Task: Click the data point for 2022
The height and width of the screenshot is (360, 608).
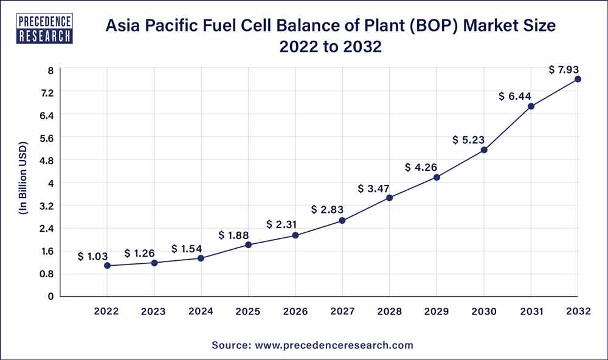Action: pyautogui.click(x=107, y=266)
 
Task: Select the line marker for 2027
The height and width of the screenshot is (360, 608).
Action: pyautogui.click(x=342, y=221)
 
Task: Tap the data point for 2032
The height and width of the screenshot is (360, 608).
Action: pyautogui.click(x=578, y=79)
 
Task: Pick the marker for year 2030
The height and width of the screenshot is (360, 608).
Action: pyautogui.click(x=484, y=150)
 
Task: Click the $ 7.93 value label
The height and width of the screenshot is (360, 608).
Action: pyautogui.click(x=564, y=69)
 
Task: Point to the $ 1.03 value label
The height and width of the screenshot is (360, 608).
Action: pyautogui.click(x=93, y=257)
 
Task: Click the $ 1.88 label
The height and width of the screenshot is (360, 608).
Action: pyautogui.click(x=233, y=235)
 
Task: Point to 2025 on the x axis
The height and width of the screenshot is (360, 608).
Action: pyautogui.click(x=248, y=311)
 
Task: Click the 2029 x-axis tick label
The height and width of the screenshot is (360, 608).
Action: pyautogui.click(x=437, y=311)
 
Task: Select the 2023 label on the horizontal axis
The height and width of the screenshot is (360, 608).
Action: pyautogui.click(x=154, y=311)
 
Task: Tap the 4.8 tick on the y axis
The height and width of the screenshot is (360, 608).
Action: pyautogui.click(x=46, y=161)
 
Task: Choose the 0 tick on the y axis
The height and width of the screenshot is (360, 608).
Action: pyautogui.click(x=51, y=296)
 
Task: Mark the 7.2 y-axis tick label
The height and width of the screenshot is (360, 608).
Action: pyautogui.click(x=46, y=92)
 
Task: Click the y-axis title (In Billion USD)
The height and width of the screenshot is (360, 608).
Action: pyautogui.click(x=23, y=183)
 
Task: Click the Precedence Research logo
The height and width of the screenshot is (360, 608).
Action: pyautogui.click(x=46, y=29)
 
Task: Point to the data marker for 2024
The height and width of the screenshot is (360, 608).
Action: pyautogui.click(x=201, y=258)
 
